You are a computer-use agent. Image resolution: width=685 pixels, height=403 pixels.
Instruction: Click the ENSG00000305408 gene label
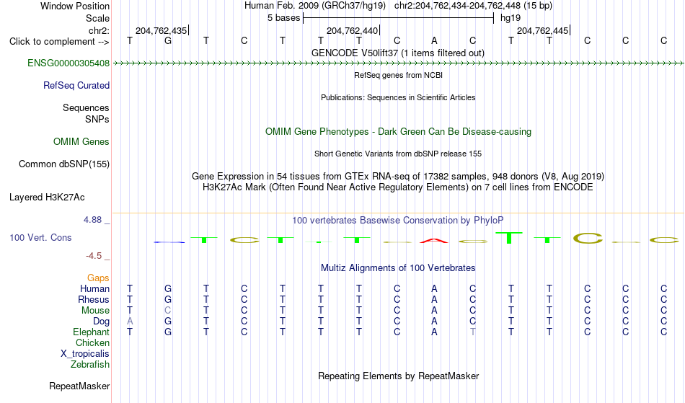click(68, 63)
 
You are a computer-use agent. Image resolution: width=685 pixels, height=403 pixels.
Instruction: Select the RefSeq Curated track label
click(76, 86)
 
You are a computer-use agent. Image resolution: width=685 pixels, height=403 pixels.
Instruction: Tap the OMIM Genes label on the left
click(81, 142)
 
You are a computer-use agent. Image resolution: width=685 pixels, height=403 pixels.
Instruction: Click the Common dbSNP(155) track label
click(64, 164)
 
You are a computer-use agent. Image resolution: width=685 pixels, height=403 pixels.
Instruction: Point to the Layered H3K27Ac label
click(47, 198)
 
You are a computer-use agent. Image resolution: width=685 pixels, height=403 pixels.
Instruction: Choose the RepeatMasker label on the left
click(79, 386)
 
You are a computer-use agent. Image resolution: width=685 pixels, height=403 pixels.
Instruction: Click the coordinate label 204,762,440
click(352, 30)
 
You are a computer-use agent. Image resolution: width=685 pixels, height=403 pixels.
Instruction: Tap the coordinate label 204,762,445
click(542, 30)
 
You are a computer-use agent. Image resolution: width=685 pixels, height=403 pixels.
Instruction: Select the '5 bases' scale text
click(284, 18)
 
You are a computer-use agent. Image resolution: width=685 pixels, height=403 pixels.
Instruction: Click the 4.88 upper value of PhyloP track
click(93, 220)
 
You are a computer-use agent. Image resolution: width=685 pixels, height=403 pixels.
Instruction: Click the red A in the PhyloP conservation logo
click(434, 241)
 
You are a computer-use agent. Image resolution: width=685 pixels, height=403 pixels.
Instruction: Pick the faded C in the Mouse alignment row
click(168, 311)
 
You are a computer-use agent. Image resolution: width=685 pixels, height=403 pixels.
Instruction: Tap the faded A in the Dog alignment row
click(130, 322)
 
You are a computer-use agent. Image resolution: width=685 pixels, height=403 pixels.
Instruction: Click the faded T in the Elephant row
click(473, 332)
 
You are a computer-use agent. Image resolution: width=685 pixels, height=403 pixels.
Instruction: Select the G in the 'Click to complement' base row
click(168, 41)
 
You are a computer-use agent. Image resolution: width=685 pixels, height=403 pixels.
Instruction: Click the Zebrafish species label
click(90, 365)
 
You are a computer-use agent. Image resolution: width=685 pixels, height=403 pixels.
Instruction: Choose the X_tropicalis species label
click(85, 354)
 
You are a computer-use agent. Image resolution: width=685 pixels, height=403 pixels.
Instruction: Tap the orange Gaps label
click(98, 278)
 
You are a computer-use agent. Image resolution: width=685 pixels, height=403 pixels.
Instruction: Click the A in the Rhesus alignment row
click(434, 299)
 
